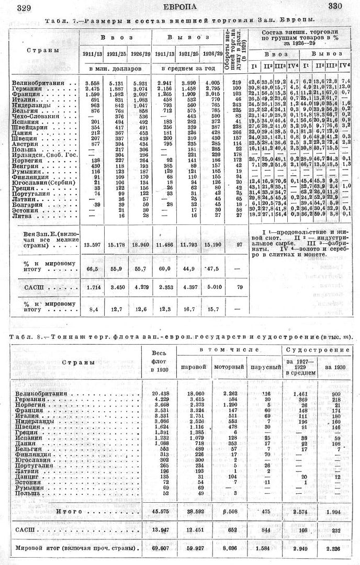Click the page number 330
coord(336,7)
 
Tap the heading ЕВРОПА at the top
coord(181,7)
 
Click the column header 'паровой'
coord(191,367)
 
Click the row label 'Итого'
coord(70,509)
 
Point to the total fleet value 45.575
coord(160,509)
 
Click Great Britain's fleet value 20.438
coord(160,393)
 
